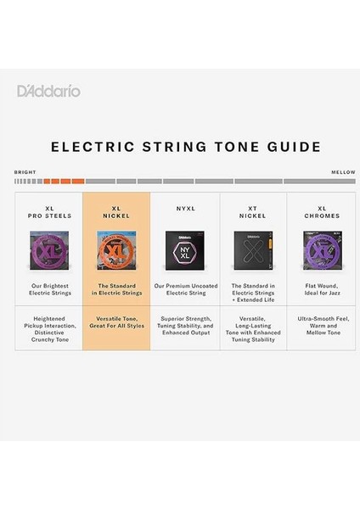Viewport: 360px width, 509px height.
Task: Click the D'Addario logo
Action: [x=49, y=91]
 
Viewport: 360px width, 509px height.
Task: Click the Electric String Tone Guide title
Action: [x=179, y=146]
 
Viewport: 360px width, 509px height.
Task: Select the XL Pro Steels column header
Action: [x=48, y=211]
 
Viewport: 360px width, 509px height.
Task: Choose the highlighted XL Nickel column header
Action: [x=115, y=211]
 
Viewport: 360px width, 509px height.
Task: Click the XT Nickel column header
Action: [x=252, y=211]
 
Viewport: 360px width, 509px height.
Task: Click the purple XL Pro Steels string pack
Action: [x=48, y=252]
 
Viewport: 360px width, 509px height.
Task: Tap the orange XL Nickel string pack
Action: [x=115, y=252]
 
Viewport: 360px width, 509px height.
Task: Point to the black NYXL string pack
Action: [x=184, y=252]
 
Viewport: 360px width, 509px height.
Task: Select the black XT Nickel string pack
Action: [x=252, y=252]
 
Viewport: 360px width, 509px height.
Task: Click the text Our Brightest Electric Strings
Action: [x=48, y=290]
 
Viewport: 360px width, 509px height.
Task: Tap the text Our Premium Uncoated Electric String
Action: [x=184, y=290]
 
